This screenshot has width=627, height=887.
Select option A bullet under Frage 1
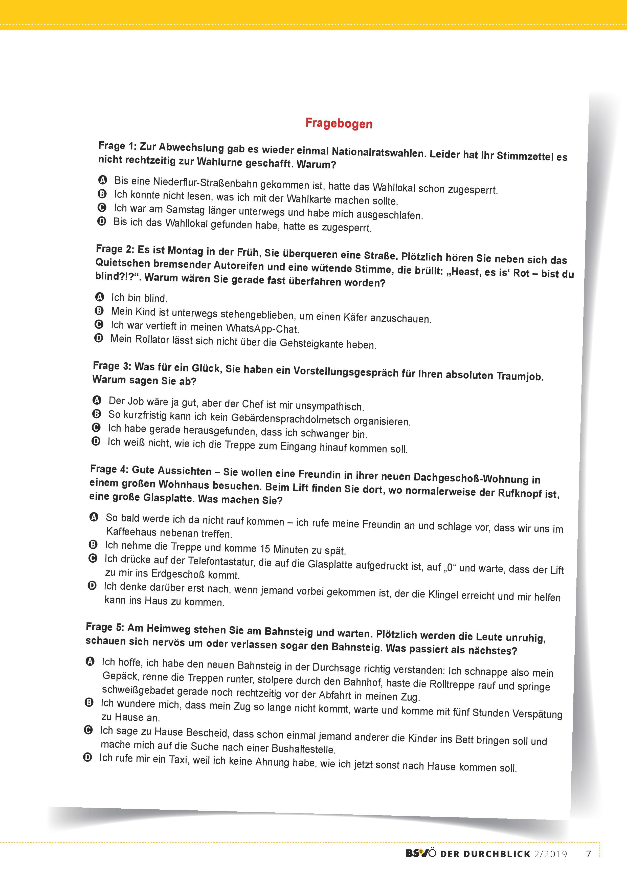point(102,180)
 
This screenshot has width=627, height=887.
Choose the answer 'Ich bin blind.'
point(139,298)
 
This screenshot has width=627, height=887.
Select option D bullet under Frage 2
point(99,338)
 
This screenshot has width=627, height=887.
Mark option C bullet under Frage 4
point(93,558)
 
